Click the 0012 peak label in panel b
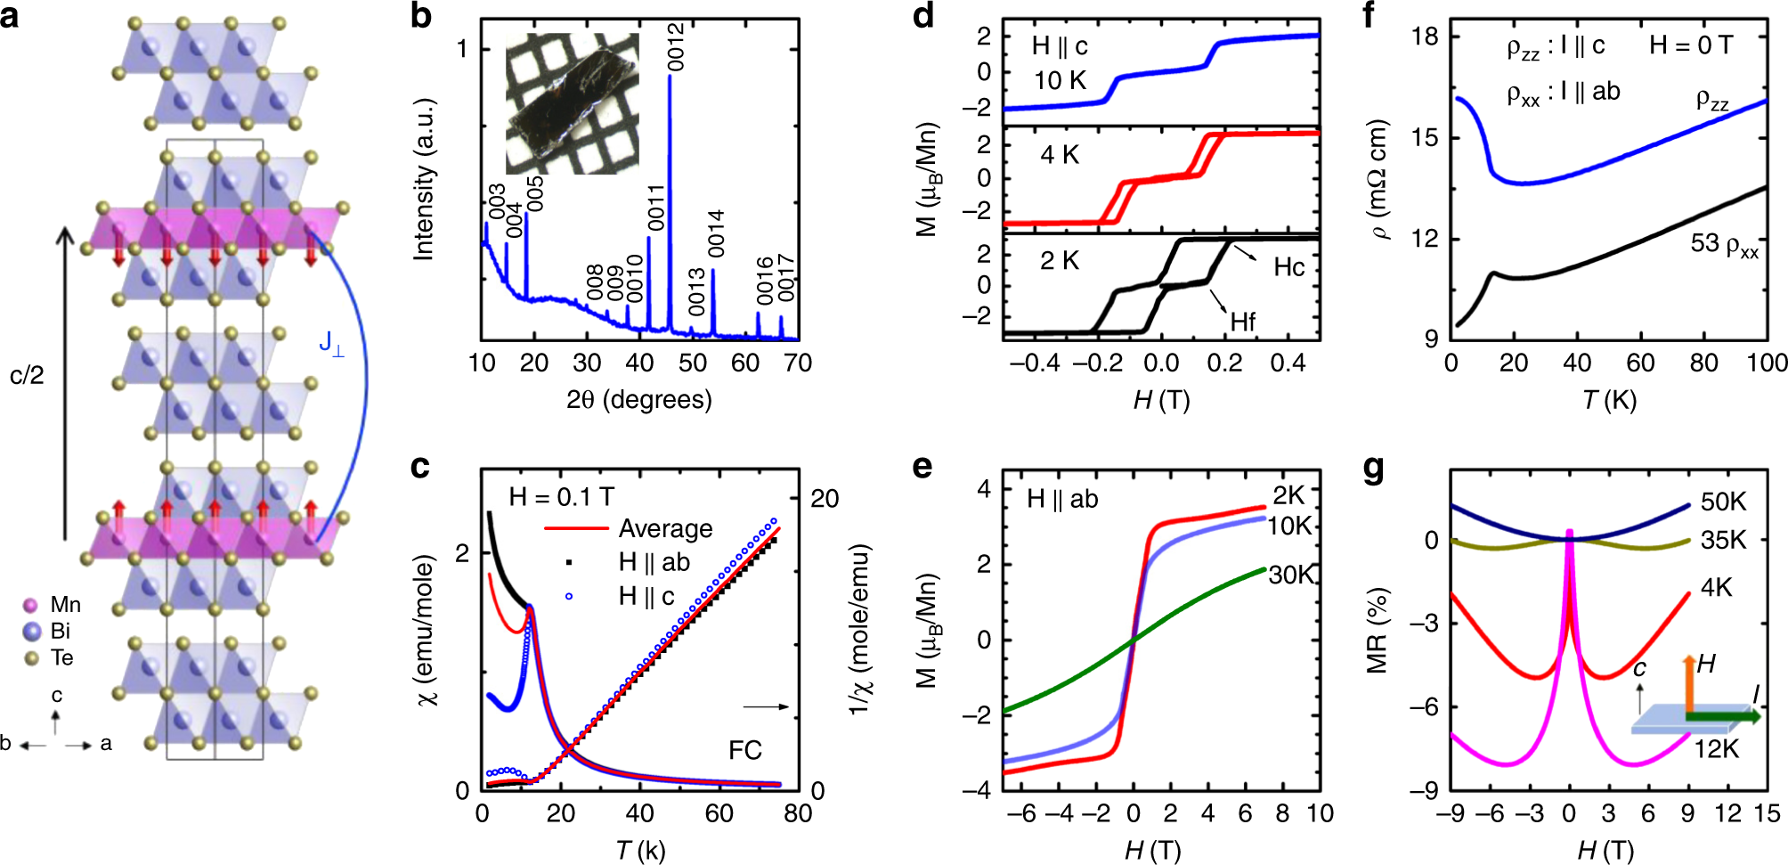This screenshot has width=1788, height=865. coord(676,47)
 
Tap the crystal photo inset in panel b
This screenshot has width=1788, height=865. coord(572,103)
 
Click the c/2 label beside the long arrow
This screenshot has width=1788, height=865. coord(27,375)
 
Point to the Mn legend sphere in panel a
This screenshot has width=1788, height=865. coord(31,605)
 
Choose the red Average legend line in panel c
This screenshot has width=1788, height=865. coord(575,528)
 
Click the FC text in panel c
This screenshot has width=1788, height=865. coord(744,750)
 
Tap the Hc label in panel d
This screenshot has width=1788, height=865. coord(1288,267)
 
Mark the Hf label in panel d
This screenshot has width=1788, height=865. coord(1243,321)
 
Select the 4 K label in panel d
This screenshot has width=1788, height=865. coord(1060,155)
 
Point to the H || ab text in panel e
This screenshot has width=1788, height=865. coord(1062,499)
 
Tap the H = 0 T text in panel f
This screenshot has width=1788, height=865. coord(1690,45)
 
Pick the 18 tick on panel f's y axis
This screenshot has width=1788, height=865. coord(1425,36)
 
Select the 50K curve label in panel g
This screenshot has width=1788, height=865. coord(1723,502)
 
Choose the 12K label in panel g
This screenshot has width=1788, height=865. coord(1716,749)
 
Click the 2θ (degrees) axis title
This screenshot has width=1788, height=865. coord(638,399)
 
